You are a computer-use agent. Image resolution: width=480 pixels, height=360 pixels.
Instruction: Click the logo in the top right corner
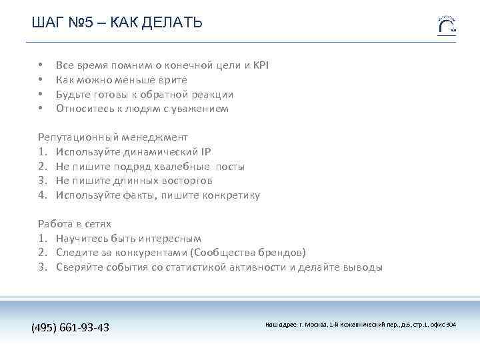click(447, 25)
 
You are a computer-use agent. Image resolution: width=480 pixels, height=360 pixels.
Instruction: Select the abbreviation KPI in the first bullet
click(261, 65)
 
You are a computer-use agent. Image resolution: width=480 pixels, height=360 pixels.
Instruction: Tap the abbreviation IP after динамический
click(205, 151)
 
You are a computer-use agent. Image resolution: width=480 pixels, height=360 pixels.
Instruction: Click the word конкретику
click(231, 195)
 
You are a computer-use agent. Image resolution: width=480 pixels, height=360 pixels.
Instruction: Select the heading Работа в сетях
click(74, 224)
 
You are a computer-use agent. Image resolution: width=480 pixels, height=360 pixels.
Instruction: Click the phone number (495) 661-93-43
click(71, 327)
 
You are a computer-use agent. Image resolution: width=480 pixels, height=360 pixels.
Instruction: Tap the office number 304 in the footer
click(451, 325)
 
